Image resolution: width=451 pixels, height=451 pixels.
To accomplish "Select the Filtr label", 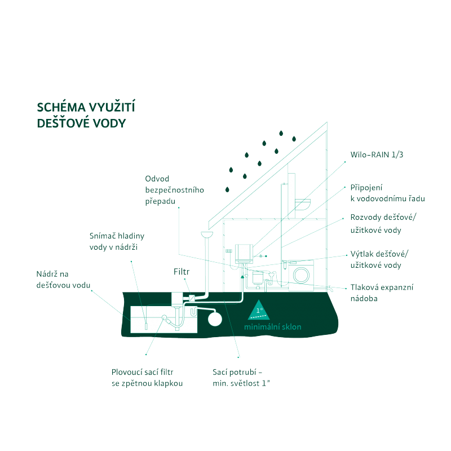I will [x=181, y=272].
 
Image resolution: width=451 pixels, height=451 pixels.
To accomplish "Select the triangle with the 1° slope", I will [x=260, y=309].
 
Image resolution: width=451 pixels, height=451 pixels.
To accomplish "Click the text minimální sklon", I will [x=273, y=327].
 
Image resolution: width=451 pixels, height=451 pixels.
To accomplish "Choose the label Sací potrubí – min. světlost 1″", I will [x=237, y=378].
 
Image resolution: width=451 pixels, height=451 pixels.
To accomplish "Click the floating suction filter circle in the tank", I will [x=165, y=318].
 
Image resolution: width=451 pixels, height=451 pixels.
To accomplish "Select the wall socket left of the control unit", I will [x=229, y=251].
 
